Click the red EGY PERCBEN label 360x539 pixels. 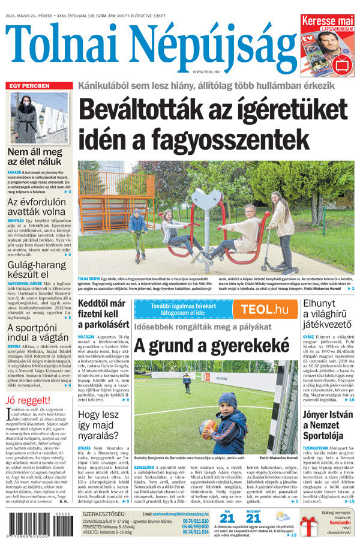point(28,86)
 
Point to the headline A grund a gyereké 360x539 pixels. point(211,346)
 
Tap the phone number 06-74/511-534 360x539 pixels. point(196,532)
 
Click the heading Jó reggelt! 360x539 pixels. point(27,401)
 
